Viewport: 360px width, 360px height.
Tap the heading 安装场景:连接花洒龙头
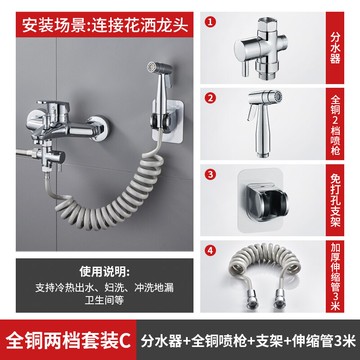pyautogui.click(x=99, y=20)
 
